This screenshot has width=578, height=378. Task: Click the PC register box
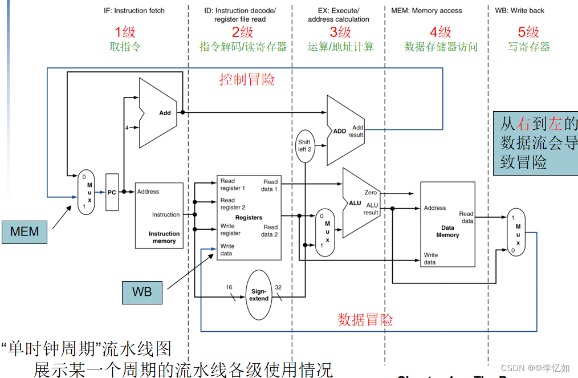112,193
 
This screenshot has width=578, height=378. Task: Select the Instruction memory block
159,216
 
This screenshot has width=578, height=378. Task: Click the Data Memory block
447,224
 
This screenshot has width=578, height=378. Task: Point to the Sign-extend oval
259,295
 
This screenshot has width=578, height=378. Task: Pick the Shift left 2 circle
305,145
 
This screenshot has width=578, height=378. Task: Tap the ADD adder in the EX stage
345,131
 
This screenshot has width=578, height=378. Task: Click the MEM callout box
25,231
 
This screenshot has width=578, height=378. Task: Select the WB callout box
142,292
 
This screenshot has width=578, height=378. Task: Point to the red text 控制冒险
247,80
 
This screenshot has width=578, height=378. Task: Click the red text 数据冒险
365,320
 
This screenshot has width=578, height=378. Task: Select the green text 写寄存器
528,47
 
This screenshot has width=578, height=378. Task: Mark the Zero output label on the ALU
371,193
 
